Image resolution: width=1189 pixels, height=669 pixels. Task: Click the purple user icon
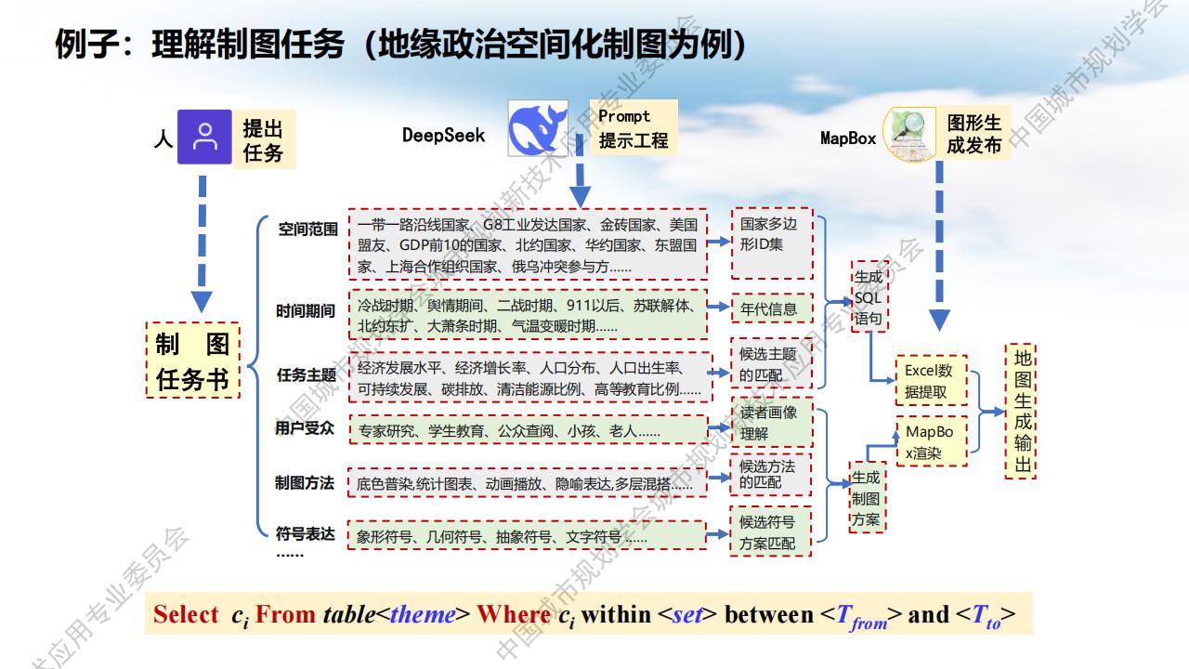click(x=204, y=137)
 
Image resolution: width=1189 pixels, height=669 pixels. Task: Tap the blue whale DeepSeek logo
click(x=538, y=128)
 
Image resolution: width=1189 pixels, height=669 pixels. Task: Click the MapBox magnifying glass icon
click(x=909, y=134)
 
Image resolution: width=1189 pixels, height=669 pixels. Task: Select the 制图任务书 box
click(x=192, y=360)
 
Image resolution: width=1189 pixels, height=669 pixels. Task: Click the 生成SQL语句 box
click(x=869, y=296)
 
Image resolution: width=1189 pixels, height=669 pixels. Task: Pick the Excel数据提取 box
click(x=931, y=381)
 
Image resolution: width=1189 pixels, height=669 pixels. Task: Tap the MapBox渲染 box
click(x=931, y=441)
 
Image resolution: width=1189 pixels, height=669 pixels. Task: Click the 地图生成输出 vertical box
click(x=1020, y=412)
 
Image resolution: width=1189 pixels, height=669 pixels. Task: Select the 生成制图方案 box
click(x=867, y=497)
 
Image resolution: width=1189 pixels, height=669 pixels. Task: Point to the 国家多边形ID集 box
click(x=772, y=243)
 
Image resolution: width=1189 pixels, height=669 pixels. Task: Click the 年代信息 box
click(x=772, y=308)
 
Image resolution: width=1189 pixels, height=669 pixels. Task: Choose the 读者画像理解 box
click(x=772, y=422)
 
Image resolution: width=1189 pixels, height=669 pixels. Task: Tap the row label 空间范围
click(x=307, y=230)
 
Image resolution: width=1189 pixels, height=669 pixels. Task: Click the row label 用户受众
click(x=305, y=428)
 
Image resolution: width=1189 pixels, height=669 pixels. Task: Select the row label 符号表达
click(x=306, y=533)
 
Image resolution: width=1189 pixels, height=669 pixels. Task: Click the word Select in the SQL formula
click(x=186, y=614)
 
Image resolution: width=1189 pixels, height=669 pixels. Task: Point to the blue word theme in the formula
click(x=423, y=615)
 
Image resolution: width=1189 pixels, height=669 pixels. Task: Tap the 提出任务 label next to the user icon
click(x=265, y=139)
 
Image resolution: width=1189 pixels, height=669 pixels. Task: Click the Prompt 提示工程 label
click(x=634, y=128)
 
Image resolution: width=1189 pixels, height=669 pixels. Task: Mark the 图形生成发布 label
click(x=974, y=133)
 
